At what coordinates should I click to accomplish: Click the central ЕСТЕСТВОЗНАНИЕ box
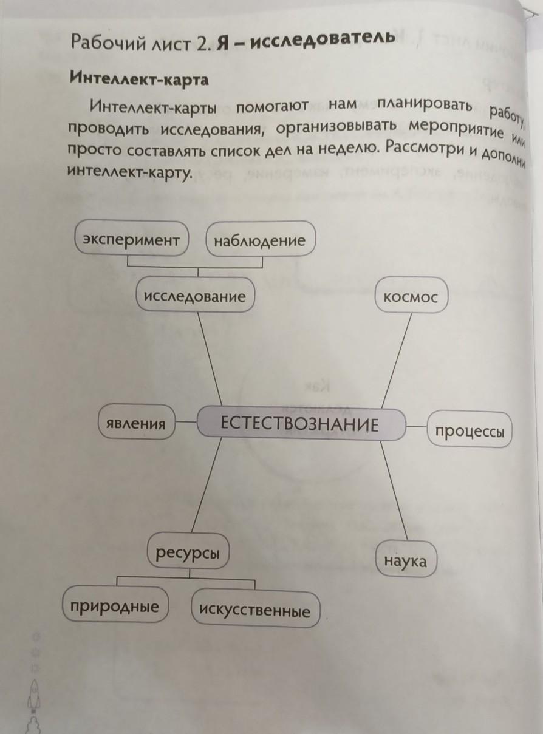pyautogui.click(x=301, y=424)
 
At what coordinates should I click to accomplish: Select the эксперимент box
pyautogui.click(x=131, y=239)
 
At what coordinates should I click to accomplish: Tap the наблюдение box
pyautogui.click(x=261, y=239)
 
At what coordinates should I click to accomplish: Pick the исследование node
pyautogui.click(x=196, y=295)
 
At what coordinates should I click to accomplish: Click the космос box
pyautogui.click(x=412, y=296)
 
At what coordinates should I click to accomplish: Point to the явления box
pyautogui.click(x=137, y=421)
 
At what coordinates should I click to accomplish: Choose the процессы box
pyautogui.click(x=470, y=430)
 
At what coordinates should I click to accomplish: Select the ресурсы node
pyautogui.click(x=188, y=552)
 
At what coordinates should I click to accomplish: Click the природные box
pyautogui.click(x=115, y=604)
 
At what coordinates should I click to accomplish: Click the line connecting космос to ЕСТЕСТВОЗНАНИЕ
pyautogui.click(x=397, y=361)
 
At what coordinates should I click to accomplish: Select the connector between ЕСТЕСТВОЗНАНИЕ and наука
pyautogui.click(x=394, y=491)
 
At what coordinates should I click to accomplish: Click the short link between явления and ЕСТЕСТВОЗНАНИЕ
pyautogui.click(x=186, y=421)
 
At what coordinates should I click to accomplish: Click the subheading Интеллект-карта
pyautogui.click(x=139, y=79)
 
